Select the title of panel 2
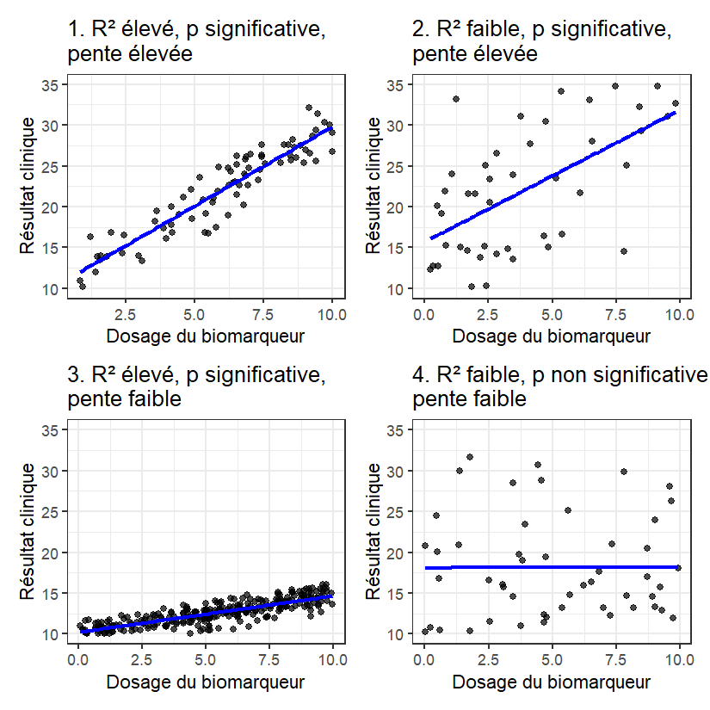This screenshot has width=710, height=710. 542,41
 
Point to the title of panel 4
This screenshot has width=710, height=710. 559,387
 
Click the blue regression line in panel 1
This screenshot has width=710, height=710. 207,190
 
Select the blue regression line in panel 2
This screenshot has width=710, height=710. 551,175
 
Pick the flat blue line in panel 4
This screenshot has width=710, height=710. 551,567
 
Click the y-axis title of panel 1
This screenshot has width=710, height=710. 28,186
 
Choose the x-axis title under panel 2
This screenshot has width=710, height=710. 551,336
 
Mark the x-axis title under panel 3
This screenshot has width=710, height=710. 205,682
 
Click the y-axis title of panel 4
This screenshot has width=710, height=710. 374,532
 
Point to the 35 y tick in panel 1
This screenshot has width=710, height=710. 51,84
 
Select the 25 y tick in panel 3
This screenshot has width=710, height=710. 51,512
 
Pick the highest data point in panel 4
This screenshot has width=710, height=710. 470,457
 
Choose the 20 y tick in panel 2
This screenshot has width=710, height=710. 395,207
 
